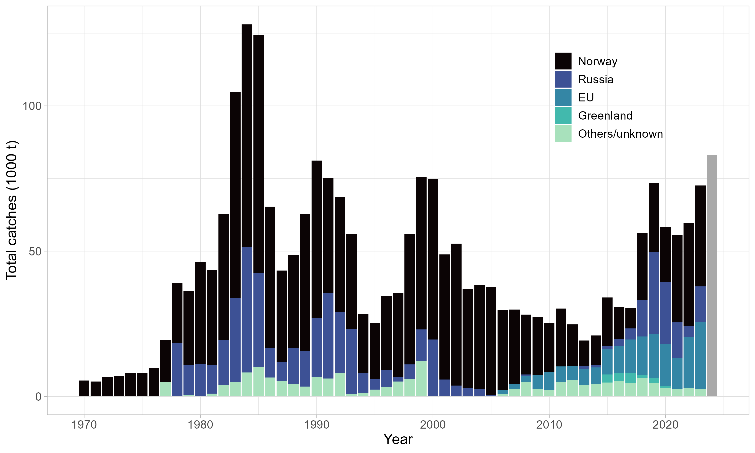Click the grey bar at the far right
712,275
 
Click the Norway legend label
597,61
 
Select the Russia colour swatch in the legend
563,79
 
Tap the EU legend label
586,97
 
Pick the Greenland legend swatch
563,115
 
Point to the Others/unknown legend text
620,134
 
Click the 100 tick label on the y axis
32,106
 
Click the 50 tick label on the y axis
35,251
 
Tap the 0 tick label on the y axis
38,397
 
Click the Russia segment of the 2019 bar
654,293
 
